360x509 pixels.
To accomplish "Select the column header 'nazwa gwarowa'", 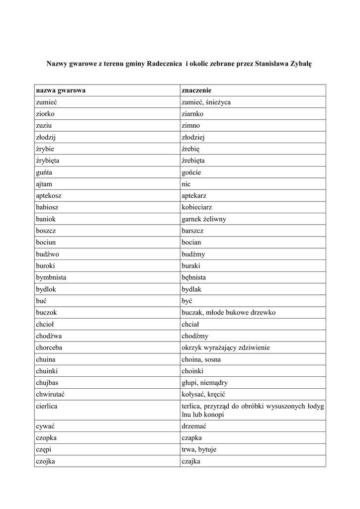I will tap(61, 90).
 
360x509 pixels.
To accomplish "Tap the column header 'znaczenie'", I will tap(197, 90).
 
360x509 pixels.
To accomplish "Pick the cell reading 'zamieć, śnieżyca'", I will tap(206, 102).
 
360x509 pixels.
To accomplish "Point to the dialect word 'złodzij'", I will tap(48, 137).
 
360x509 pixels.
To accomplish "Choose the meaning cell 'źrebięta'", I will tap(193, 161).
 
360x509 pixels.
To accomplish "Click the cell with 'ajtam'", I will tap(44, 184).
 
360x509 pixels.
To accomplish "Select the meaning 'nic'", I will tap(186, 184).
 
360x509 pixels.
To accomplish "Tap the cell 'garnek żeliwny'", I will tap(204, 219).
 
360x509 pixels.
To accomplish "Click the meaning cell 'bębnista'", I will tap(194, 277).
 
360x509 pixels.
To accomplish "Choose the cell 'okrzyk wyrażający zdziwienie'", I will tap(226, 347).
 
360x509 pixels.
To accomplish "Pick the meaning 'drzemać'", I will tap(194, 426).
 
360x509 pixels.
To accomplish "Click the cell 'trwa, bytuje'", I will tap(199, 450).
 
